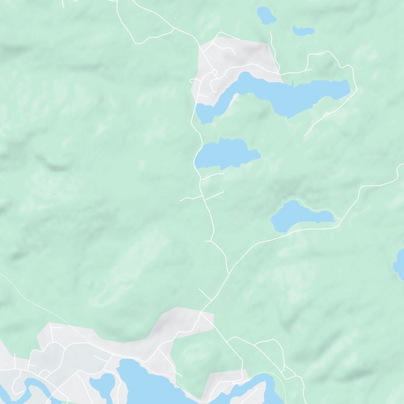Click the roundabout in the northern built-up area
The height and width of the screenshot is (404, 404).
(215, 73)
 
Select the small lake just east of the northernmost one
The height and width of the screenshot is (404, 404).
(304, 30)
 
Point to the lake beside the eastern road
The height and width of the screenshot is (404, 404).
(298, 216)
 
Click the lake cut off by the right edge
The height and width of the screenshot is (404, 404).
(399, 263)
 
